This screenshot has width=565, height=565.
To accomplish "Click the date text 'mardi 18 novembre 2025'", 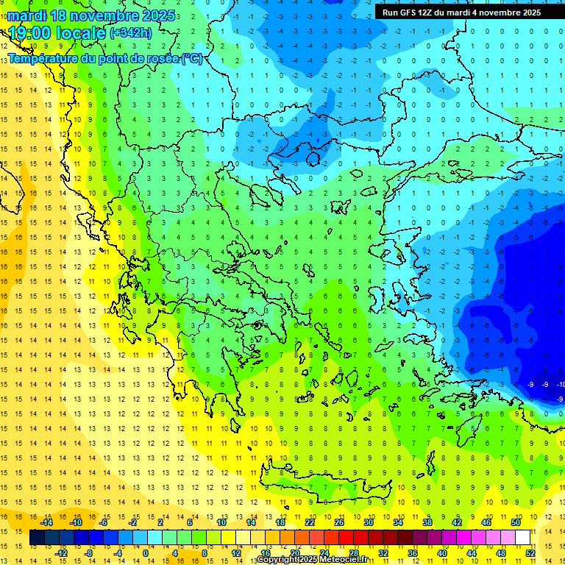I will tap(91, 15).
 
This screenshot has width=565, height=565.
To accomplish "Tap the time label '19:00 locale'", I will tap(57, 32).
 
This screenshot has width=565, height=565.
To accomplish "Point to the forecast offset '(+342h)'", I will tap(130, 32).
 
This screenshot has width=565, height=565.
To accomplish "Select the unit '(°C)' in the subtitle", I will tap(192, 58).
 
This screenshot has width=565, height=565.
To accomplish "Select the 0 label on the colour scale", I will tap(146, 553).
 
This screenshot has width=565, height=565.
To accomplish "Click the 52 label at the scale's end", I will tap(530, 553).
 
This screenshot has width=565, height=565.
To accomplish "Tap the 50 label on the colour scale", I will tap(516, 522).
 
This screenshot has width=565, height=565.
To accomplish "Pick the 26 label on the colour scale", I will tap(339, 522).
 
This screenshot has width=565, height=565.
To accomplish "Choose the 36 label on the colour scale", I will tap(412, 553).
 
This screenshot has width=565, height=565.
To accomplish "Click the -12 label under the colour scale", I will tap(61, 553).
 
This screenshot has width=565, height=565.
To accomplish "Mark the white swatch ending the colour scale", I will tap(523, 538).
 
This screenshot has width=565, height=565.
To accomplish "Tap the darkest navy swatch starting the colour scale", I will tap(37, 538).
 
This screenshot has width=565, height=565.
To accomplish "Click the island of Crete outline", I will tap(324, 488).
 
